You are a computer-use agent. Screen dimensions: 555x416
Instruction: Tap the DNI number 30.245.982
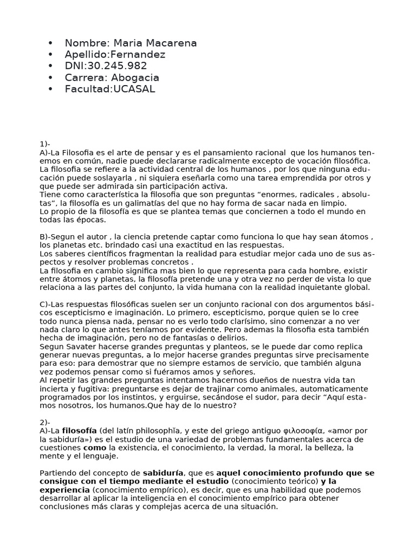pyautogui.click(x=117, y=66)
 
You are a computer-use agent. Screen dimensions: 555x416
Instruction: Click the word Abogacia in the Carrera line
pyautogui.click(x=133, y=78)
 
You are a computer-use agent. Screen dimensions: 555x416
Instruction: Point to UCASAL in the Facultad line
pyautogui.click(x=134, y=89)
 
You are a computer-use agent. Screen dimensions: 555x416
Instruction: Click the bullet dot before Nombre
pyautogui.click(x=51, y=43)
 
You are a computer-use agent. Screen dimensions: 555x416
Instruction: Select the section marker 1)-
pyautogui.click(x=44, y=144)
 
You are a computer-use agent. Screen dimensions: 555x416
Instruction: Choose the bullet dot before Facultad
pyautogui.click(x=51, y=89)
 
